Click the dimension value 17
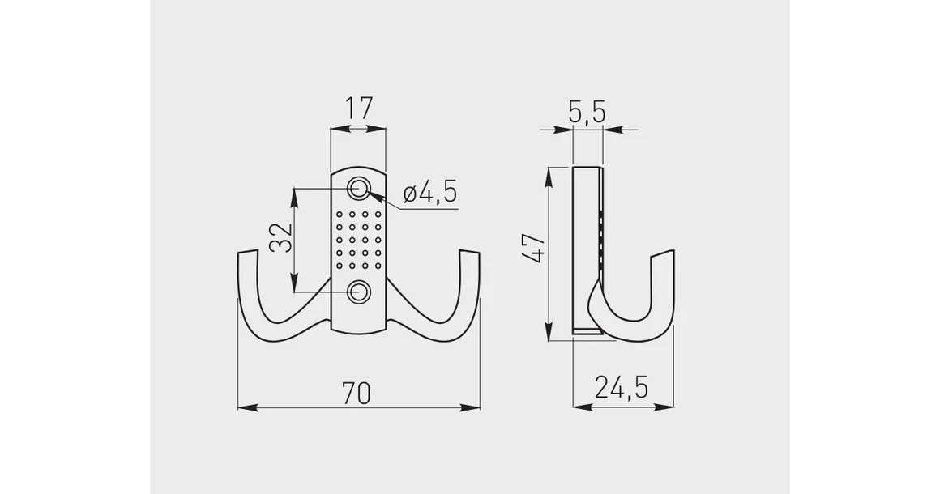pyautogui.click(x=358, y=109)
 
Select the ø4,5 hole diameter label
pyautogui.click(x=429, y=193)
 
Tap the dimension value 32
pyautogui.click(x=280, y=240)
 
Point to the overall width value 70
pyautogui.click(x=357, y=393)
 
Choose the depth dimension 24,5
pyautogui.click(x=622, y=388)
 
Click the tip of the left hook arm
pyautogui.click(x=246, y=256)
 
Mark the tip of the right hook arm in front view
pyautogui.click(x=471, y=256)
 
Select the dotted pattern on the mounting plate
pyautogui.click(x=358, y=241)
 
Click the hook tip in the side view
pyautogui.click(x=663, y=258)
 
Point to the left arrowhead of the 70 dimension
pyautogui.click(x=243, y=407)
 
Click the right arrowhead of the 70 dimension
pyautogui.click(x=476, y=407)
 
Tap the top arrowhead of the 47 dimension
pyautogui.click(x=550, y=173)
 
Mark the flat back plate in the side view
pyautogui.click(x=585, y=243)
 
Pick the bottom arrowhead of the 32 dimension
pyautogui.click(x=296, y=287)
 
